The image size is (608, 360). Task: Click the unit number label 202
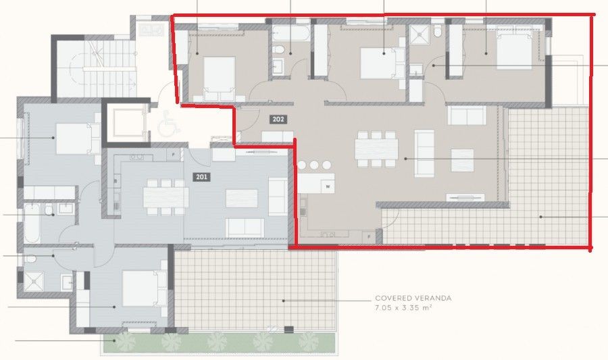coord(278,120)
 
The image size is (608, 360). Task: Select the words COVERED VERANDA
coord(413,298)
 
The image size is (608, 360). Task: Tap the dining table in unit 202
coord(377,148)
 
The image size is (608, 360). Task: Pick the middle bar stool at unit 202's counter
coord(315,165)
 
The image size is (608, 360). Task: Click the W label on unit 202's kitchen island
coord(328,186)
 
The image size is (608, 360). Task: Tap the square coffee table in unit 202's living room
coord(463,161)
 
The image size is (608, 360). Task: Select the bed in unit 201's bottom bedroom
coord(143,288)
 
